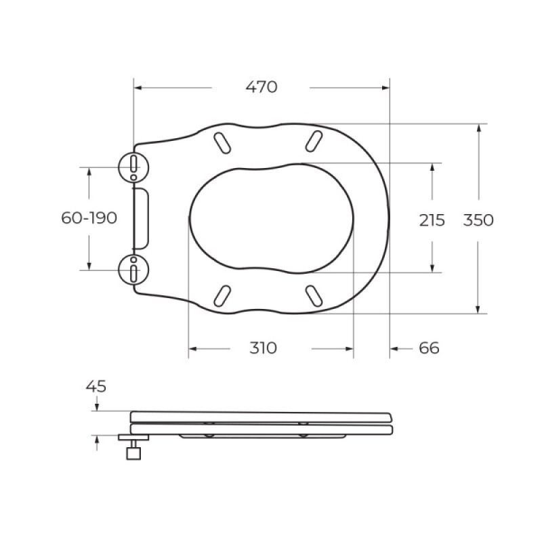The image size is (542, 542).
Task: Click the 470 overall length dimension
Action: [x=262, y=87]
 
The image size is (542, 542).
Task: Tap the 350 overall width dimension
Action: [x=478, y=220]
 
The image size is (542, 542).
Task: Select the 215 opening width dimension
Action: [x=432, y=220]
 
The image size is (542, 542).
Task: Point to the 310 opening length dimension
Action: [x=263, y=348]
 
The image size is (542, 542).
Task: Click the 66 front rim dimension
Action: [x=429, y=348]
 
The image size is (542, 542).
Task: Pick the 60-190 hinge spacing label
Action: [x=89, y=218]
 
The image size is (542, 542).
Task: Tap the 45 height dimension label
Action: [x=96, y=386]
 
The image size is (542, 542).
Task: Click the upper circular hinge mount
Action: [x=133, y=167]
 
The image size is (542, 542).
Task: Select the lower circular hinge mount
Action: [x=133, y=270]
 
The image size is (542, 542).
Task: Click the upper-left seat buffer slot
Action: [x=222, y=143]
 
